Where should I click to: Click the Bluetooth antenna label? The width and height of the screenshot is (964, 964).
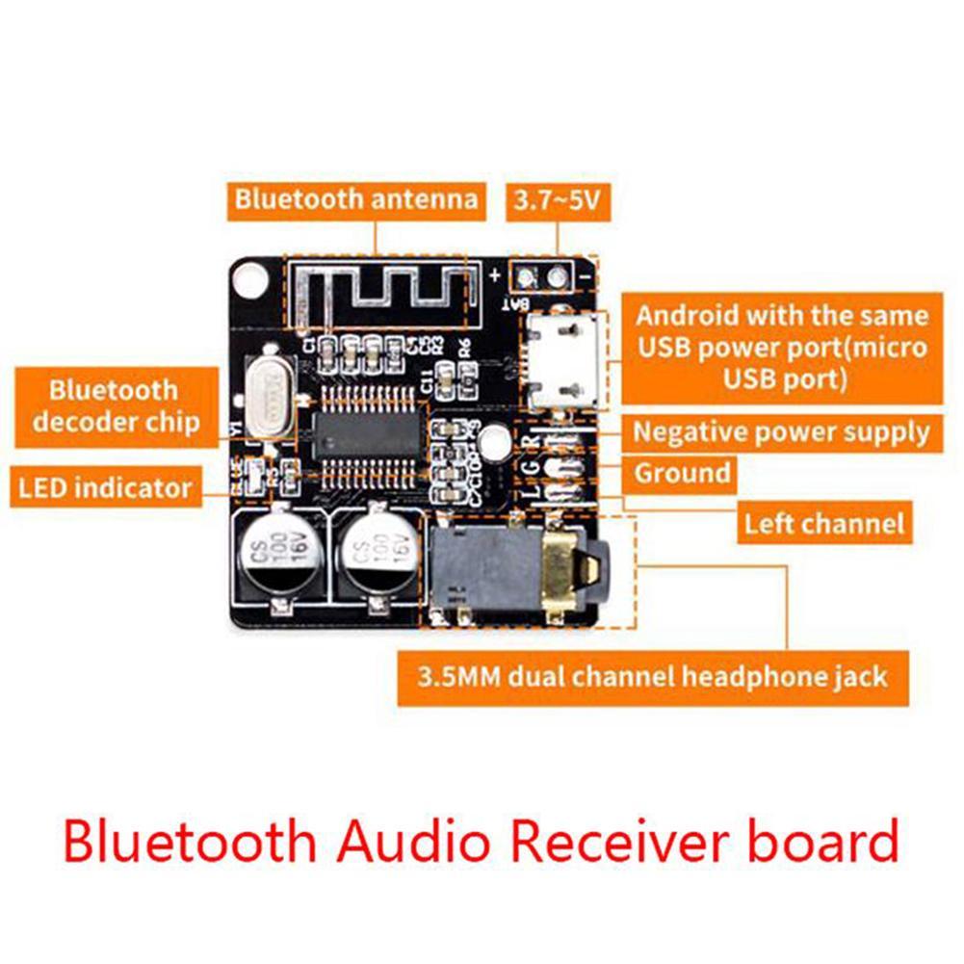tap(356, 199)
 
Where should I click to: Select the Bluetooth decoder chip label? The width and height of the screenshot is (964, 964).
tap(114, 405)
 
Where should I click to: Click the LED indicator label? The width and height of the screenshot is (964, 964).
tap(105, 487)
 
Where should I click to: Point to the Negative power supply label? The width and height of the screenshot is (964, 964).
tap(781, 432)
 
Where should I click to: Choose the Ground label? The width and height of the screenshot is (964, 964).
tap(682, 474)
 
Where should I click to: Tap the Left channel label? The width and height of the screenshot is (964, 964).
tap(824, 524)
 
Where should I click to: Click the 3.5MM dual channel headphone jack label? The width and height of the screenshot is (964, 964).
tap(652, 677)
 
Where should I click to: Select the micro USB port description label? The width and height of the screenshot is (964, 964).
tap(781, 348)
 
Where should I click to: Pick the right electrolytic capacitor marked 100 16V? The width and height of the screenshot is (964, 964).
tap(377, 558)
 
